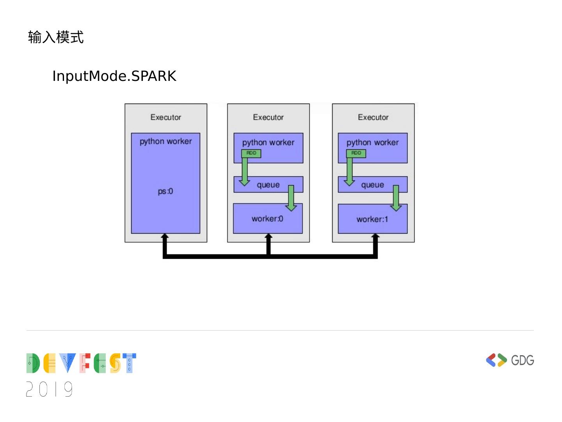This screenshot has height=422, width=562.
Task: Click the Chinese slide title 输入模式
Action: pyautogui.click(x=56, y=38)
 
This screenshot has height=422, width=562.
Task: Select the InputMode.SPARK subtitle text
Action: pyautogui.click(x=114, y=76)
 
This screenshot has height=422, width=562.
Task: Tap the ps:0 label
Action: pyautogui.click(x=165, y=191)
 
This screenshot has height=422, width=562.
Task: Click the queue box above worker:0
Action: pyautogui.click(x=268, y=185)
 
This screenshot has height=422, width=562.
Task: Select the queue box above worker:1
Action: pyautogui.click(x=372, y=185)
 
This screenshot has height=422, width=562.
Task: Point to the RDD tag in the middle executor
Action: pyautogui.click(x=251, y=153)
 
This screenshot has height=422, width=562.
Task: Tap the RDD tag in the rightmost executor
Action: pyautogui.click(x=356, y=153)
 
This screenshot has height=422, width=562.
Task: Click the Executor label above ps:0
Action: pyautogui.click(x=165, y=117)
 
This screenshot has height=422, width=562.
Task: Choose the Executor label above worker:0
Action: pyautogui.click(x=268, y=117)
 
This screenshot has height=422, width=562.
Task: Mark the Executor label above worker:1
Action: pyautogui.click(x=373, y=117)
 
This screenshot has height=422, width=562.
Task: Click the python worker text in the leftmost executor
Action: pyautogui.click(x=165, y=141)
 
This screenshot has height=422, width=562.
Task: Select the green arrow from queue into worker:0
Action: pyautogui.click(x=291, y=198)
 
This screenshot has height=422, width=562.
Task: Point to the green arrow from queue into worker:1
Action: pyautogui.click(x=396, y=198)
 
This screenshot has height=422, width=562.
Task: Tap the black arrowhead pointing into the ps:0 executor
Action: pyautogui.click(x=165, y=237)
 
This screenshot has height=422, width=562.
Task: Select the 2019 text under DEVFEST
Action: pyautogui.click(x=50, y=389)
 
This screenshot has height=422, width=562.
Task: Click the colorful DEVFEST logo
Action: pyautogui.click(x=81, y=363)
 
